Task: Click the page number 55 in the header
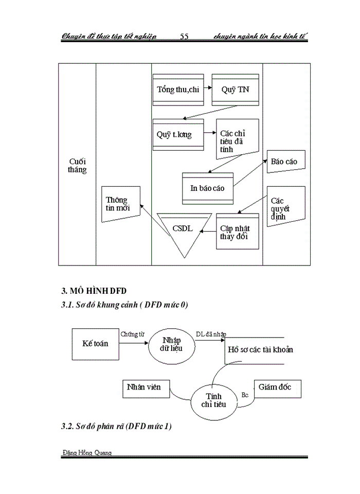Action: point(185,36)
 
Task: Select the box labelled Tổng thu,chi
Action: point(178,90)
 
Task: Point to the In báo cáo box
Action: point(208,188)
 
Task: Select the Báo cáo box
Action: point(284,162)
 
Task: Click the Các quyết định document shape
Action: point(285,207)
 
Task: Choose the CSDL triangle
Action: point(183,231)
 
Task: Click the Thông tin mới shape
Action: point(121,204)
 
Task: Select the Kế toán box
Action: point(95,343)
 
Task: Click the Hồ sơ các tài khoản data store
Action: point(259,350)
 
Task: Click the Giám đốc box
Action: point(277,387)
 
